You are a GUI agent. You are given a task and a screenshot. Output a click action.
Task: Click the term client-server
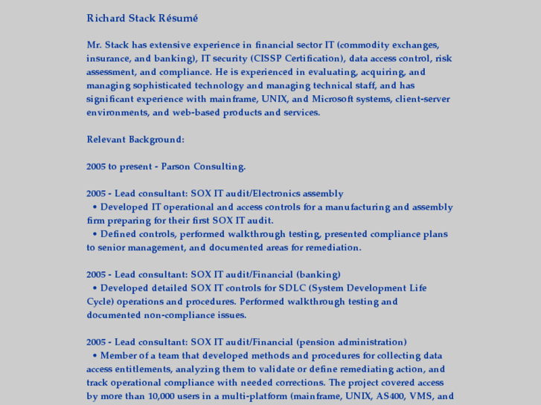[x=423, y=99]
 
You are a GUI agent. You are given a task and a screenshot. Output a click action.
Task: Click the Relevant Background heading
[x=135, y=140]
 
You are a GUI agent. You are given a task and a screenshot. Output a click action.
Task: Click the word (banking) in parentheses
[x=318, y=274]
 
